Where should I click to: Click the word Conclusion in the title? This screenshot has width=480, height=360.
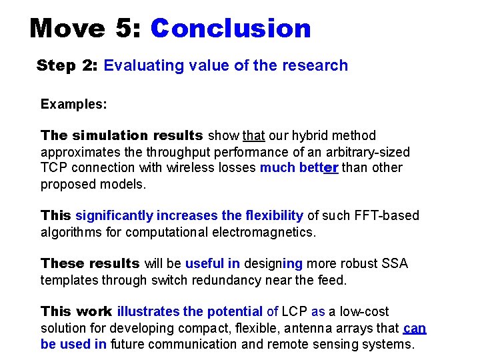tap(231, 29)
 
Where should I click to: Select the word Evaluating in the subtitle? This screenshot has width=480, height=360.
tap(136, 65)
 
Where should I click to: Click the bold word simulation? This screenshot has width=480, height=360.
tap(108, 136)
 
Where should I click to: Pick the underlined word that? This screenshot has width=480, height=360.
tap(254, 136)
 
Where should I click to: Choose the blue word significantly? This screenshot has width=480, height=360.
tap(114, 215)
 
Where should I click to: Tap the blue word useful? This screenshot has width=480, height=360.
tap(204, 263)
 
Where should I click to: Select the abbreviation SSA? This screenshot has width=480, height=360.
tap(395, 263)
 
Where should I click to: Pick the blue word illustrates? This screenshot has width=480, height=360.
tap(149, 311)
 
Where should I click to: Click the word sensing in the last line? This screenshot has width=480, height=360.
tap(351, 344)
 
